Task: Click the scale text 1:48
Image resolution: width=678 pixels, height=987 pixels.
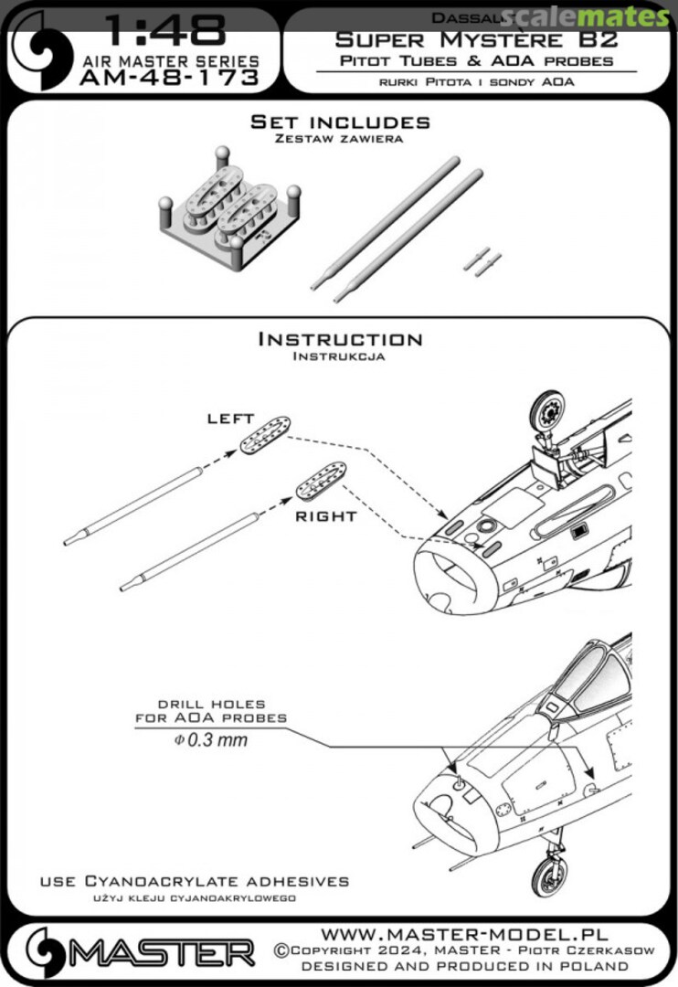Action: pyautogui.click(x=164, y=33)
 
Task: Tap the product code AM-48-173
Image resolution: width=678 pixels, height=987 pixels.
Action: pyautogui.click(x=170, y=80)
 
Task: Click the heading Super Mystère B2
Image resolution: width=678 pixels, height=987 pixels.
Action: pyautogui.click(x=475, y=39)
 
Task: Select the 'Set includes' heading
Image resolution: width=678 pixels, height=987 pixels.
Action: pyautogui.click(x=340, y=122)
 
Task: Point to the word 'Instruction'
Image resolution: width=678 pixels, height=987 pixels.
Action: pyautogui.click(x=340, y=340)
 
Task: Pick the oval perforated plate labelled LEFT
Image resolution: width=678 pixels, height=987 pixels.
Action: pyautogui.click(x=266, y=432)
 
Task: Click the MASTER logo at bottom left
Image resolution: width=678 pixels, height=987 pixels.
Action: pyautogui.click(x=137, y=952)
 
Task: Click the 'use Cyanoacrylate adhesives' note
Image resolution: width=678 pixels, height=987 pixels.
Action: pyautogui.click(x=194, y=881)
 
